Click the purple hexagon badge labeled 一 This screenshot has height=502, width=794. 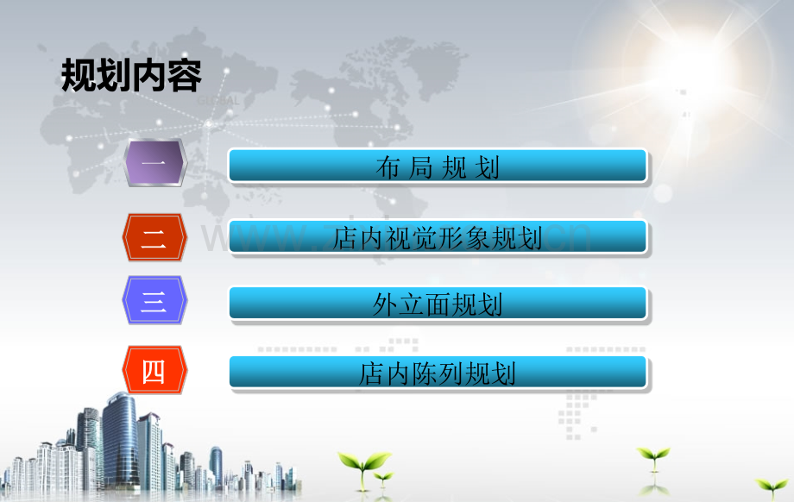(x=154, y=164)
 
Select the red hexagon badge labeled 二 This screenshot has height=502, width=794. (x=154, y=236)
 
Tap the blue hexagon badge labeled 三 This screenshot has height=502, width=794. (x=154, y=301)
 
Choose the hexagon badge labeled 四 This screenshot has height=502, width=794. (x=154, y=371)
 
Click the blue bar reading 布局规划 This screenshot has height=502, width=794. (x=438, y=166)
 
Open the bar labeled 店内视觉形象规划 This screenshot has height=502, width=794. (x=438, y=236)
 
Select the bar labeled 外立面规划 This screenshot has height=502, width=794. (x=438, y=304)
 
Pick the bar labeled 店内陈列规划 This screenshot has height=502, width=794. (x=438, y=373)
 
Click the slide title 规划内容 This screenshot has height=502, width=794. (x=131, y=77)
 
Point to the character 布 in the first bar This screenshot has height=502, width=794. (x=388, y=167)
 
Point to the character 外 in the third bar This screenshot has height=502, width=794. (x=385, y=304)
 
